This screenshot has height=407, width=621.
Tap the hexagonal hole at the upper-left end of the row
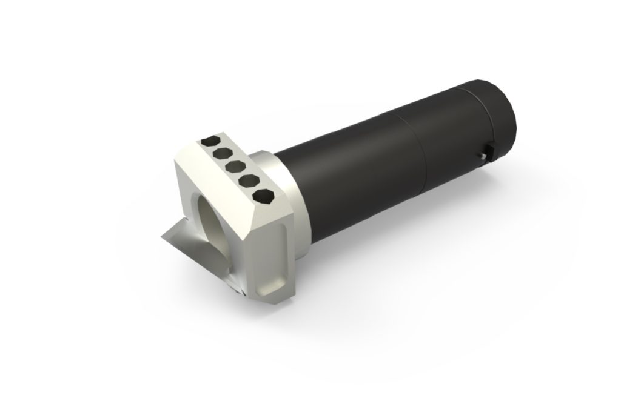click(210, 141)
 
